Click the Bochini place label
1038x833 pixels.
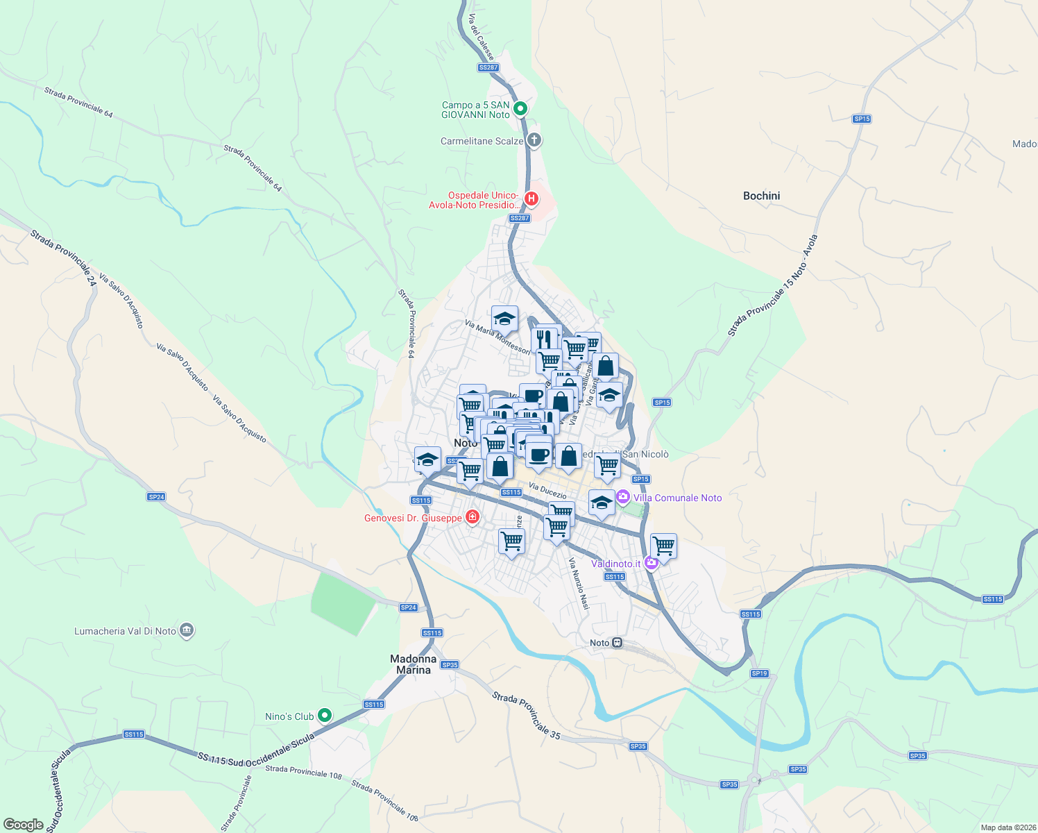click(x=761, y=196)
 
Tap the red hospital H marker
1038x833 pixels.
click(x=531, y=199)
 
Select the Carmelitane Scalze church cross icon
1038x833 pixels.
click(x=534, y=140)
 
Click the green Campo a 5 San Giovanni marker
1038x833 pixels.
click(x=520, y=109)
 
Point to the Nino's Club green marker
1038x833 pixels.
click(x=324, y=716)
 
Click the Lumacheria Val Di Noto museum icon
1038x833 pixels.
click(x=186, y=630)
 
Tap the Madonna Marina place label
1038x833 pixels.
click(x=414, y=664)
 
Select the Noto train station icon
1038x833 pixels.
click(x=617, y=643)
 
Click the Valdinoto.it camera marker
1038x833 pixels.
click(x=651, y=563)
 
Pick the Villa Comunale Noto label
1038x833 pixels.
click(x=677, y=498)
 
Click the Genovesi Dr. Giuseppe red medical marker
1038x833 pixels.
click(x=473, y=517)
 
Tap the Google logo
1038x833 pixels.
click(x=23, y=825)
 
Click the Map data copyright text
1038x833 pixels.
click(x=1008, y=827)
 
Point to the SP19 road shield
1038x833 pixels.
click(x=759, y=673)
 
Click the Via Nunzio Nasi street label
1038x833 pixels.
click(x=579, y=584)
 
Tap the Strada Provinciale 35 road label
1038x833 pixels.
click(x=526, y=714)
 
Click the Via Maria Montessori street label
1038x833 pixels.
click(x=497, y=337)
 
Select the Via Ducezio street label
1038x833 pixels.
click(x=547, y=491)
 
